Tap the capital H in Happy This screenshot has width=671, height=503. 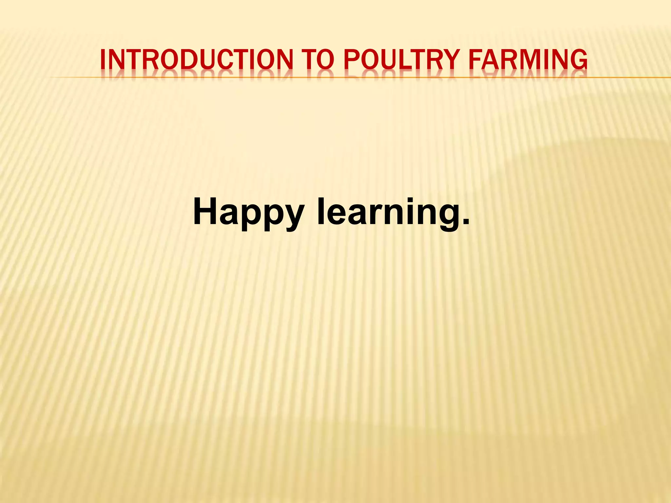point(205,211)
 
